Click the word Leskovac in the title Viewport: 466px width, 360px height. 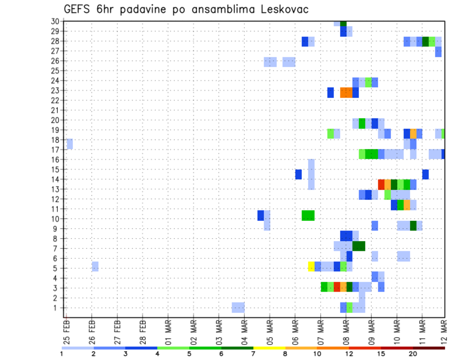282,10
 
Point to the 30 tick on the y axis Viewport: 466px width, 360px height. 55,21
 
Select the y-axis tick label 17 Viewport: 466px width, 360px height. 55,149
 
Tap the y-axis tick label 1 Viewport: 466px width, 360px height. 57,308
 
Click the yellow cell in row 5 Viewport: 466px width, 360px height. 311,266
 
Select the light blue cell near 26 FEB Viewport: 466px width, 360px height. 95,266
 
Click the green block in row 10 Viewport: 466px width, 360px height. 308,215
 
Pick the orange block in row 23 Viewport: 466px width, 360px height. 346,92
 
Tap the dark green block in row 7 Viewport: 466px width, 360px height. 359,246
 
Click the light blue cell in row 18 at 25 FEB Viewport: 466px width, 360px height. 69,144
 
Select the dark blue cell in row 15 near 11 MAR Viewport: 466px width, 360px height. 425,174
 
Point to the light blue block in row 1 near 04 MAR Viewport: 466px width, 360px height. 238,308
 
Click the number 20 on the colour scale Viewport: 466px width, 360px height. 413,354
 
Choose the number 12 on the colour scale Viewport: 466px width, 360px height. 349,354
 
